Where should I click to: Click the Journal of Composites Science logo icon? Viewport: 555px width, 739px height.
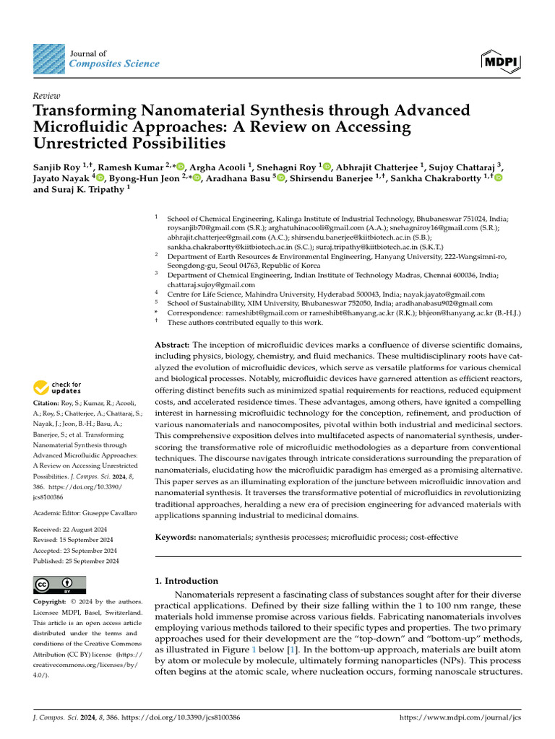[48, 59]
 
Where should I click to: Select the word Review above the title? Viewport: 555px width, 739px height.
[46, 96]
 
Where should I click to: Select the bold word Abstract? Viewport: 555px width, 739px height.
[173, 346]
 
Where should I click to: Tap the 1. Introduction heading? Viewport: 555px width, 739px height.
[186, 580]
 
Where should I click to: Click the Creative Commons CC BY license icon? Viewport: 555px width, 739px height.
[59, 585]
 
